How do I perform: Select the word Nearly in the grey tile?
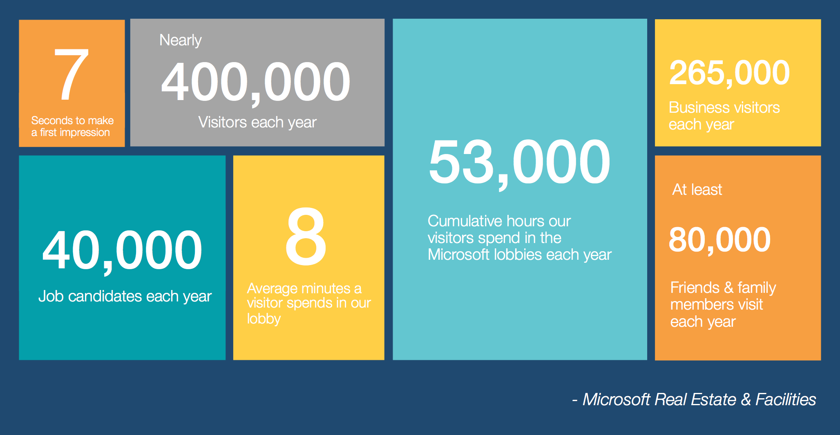pyautogui.click(x=181, y=40)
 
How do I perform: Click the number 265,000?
pyautogui.click(x=730, y=73)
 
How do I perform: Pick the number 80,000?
pyautogui.click(x=720, y=240)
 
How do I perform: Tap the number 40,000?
pyautogui.click(x=122, y=251)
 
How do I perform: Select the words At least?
pyautogui.click(x=697, y=190)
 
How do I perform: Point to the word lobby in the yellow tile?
pyautogui.click(x=264, y=319)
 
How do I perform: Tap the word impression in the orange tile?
pyautogui.click(x=85, y=133)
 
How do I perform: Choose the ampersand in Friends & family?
pyautogui.click(x=728, y=288)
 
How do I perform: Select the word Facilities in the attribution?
pyautogui.click(x=786, y=399)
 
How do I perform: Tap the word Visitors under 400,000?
pyautogui.click(x=223, y=122)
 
